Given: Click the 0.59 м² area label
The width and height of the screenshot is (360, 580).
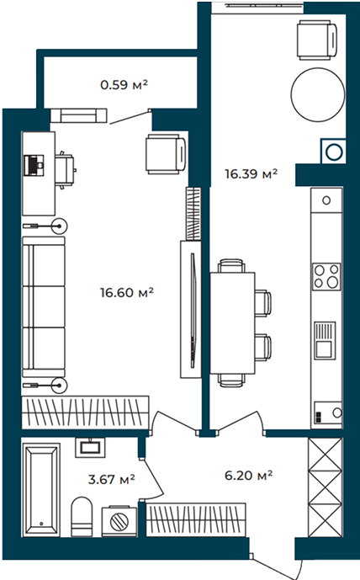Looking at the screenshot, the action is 124,85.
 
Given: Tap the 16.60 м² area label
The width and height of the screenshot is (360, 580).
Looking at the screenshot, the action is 126,293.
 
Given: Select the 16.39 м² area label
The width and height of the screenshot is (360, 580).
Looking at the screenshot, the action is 251,173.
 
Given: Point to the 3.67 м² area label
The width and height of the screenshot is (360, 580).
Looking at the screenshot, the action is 111,479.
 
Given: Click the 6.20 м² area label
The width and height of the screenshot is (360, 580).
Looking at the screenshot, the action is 248,475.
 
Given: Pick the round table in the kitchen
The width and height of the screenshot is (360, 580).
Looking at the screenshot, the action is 317,94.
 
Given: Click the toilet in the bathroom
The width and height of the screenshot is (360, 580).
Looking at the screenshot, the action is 82,516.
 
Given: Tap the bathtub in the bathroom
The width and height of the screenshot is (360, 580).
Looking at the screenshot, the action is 41,490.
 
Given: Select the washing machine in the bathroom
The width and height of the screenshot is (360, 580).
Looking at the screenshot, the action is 119,521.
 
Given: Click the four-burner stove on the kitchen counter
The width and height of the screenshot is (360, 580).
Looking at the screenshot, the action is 326,276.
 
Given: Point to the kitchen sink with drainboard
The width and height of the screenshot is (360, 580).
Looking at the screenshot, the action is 325,340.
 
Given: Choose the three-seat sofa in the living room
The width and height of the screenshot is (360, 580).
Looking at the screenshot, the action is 44,306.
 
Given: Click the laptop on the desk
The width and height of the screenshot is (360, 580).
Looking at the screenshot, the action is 34,165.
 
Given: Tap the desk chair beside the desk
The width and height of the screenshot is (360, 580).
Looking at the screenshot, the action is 66,170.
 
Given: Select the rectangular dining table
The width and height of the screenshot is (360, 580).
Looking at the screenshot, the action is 232,323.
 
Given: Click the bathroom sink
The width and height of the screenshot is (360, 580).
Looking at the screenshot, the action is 90,447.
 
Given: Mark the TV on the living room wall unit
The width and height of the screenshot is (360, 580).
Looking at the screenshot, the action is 193,310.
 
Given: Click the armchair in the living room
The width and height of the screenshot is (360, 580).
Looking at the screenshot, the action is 166,154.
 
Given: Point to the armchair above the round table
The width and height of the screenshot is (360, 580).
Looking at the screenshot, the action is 317,40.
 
